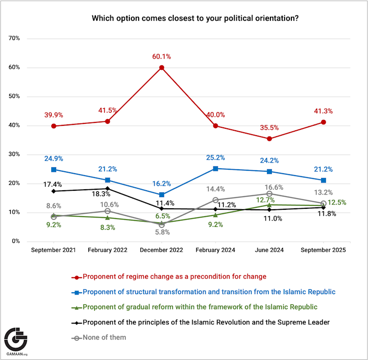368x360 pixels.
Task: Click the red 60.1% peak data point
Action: point(161,67)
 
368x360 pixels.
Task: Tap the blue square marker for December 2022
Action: point(161,195)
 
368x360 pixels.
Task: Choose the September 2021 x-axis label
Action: point(54,250)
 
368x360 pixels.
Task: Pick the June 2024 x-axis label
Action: point(269,250)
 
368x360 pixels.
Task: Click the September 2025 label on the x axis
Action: point(323,250)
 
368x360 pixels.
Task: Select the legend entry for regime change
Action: point(174,277)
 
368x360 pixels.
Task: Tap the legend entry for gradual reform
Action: point(200,307)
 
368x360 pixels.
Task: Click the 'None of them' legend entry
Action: point(104,337)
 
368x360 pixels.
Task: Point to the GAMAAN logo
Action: point(16,340)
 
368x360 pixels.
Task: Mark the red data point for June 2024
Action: point(269,139)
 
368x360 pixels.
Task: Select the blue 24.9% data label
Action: point(54,159)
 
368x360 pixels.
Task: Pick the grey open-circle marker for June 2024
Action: point(269,194)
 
